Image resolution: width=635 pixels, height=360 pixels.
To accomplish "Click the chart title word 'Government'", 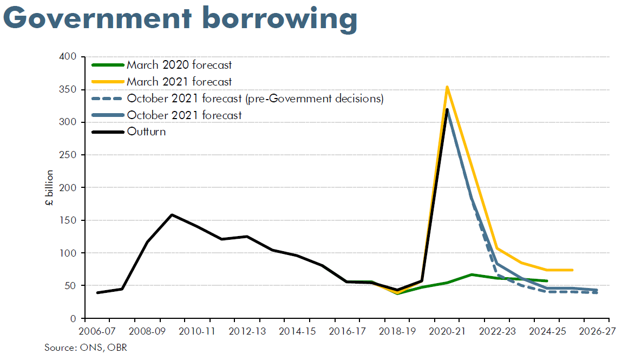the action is [97, 18].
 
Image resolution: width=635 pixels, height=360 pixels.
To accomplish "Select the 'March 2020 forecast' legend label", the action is [179, 65].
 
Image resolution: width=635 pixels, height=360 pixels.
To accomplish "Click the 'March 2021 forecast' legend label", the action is [179, 81].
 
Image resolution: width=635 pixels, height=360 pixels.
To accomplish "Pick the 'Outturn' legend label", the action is [146, 132].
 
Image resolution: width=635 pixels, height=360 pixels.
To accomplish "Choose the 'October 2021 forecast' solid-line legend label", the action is [184, 115].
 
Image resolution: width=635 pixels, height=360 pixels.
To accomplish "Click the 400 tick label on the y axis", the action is [68, 56].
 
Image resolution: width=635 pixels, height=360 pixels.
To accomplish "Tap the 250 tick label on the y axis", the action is [68, 155].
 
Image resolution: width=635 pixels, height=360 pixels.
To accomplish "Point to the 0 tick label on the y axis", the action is [73, 319].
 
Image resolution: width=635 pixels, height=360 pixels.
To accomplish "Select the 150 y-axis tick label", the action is [68, 220].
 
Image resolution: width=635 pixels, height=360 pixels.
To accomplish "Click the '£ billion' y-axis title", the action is [49, 188].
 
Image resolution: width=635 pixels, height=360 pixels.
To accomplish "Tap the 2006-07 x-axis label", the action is [97, 331].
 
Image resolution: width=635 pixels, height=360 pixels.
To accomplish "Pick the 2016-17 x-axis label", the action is [347, 331].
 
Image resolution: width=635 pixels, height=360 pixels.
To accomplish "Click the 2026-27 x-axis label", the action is [597, 331].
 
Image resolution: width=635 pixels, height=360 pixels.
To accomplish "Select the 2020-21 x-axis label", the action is [447, 331].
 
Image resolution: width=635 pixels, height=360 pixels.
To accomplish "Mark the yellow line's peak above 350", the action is [447, 87].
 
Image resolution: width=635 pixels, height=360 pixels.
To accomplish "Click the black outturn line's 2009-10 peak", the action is [172, 214].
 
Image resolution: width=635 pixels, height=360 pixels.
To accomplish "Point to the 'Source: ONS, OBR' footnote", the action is [86, 348].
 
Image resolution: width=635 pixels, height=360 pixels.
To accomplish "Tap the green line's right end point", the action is [547, 280].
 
